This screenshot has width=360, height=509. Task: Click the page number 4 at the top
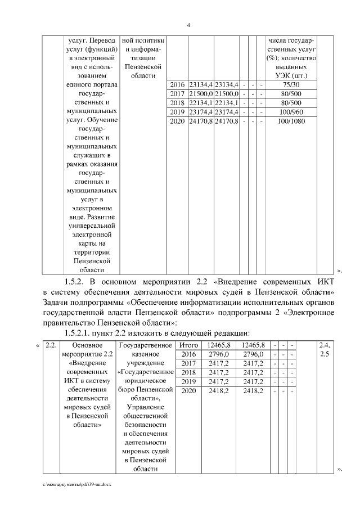pyautogui.click(x=189, y=25)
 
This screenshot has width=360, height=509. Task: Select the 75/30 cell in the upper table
pyautogui.click(x=293, y=84)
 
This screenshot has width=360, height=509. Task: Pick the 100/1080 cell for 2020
pyautogui.click(x=293, y=121)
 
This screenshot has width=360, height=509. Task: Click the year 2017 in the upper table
pyautogui.click(x=177, y=93)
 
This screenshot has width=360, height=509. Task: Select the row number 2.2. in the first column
pyautogui.click(x=51, y=344)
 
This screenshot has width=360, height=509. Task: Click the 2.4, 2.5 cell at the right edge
pyautogui.click(x=325, y=349)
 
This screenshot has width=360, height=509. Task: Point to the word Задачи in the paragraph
pyautogui.click(x=60, y=303)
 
